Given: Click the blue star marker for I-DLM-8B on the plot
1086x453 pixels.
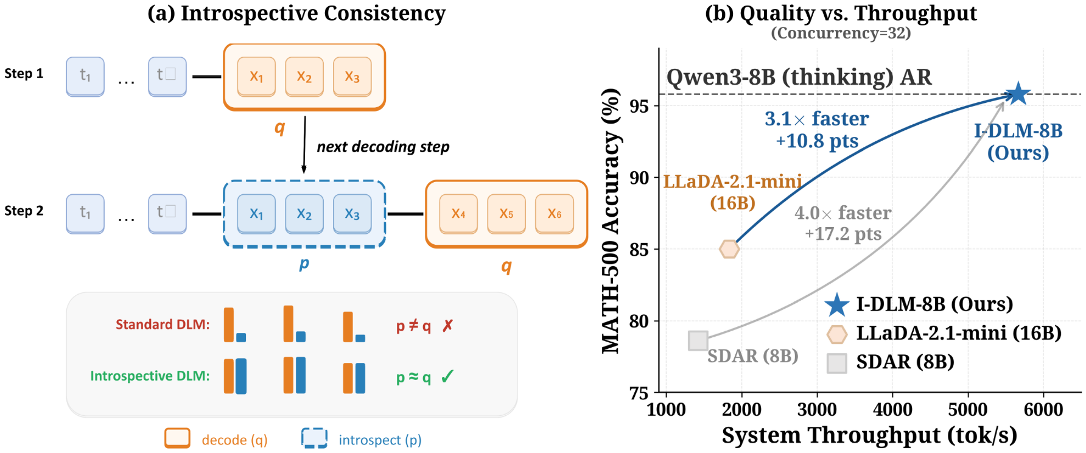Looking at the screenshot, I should click(1017, 94).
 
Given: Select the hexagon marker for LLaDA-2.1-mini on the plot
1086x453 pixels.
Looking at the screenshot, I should click(729, 249).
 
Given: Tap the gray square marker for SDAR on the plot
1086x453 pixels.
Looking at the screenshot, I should click(698, 340).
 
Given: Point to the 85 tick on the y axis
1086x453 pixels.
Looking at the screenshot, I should click(639, 250).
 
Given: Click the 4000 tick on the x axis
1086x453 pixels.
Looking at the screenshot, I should click(892, 409).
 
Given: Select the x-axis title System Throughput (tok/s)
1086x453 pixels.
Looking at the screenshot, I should click(869, 435).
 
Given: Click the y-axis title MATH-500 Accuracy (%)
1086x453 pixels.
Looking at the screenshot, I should click(611, 220).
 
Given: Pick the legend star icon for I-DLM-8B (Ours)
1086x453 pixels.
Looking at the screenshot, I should click(837, 304).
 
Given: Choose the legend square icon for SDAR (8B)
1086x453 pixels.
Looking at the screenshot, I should click(837, 363).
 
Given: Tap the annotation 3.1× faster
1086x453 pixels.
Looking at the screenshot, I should click(816, 119).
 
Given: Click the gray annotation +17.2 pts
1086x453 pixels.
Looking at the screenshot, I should click(843, 234).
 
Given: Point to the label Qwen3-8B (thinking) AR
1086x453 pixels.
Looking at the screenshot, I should click(799, 77).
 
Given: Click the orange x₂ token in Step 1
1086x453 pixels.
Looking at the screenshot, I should click(304, 77).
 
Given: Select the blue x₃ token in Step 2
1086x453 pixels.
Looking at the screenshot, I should click(352, 214).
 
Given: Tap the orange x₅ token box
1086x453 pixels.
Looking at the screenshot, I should click(506, 214).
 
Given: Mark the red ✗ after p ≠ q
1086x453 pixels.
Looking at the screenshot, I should click(448, 326).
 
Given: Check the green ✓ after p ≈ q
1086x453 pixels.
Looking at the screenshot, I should click(447, 377).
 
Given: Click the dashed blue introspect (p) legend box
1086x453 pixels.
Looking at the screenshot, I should click(315, 438).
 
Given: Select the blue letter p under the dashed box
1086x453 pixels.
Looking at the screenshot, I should click(304, 264).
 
